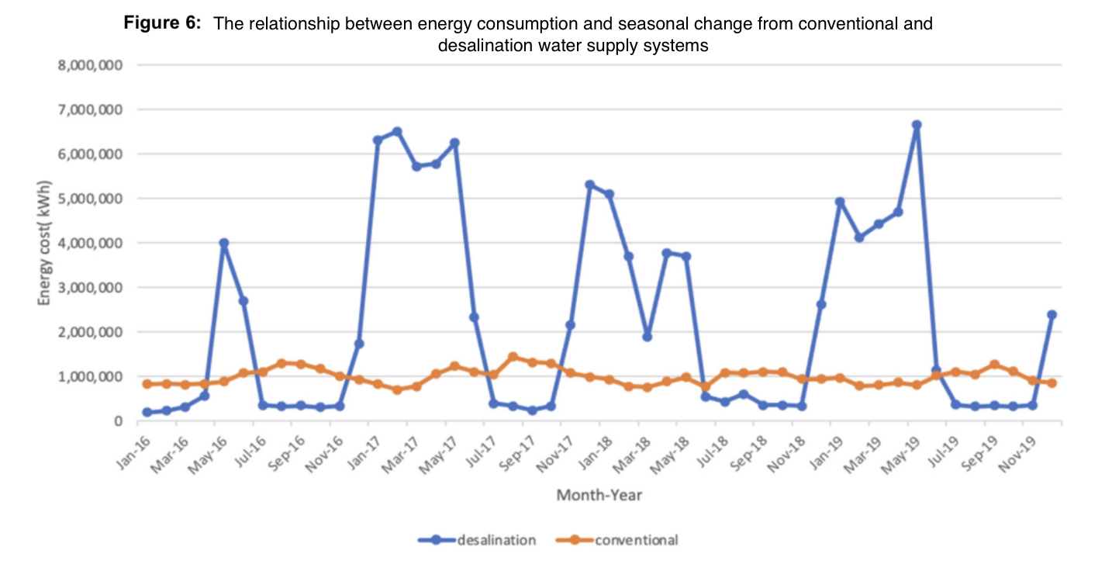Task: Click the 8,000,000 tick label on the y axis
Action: pyautogui.click(x=91, y=65)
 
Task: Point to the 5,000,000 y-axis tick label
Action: pyautogui.click(x=91, y=199)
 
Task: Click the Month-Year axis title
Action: pyautogui.click(x=599, y=494)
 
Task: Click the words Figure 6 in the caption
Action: pyautogui.click(x=163, y=23)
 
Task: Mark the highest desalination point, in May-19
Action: pyautogui.click(x=917, y=125)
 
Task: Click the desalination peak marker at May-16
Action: pyautogui.click(x=224, y=243)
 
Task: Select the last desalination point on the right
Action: pyautogui.click(x=1052, y=315)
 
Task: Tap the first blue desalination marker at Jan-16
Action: pyautogui.click(x=147, y=412)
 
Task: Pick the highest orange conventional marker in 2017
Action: pyautogui.click(x=513, y=357)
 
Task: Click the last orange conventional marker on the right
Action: pyautogui.click(x=1052, y=383)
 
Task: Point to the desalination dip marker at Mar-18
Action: pyautogui.click(x=647, y=337)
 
